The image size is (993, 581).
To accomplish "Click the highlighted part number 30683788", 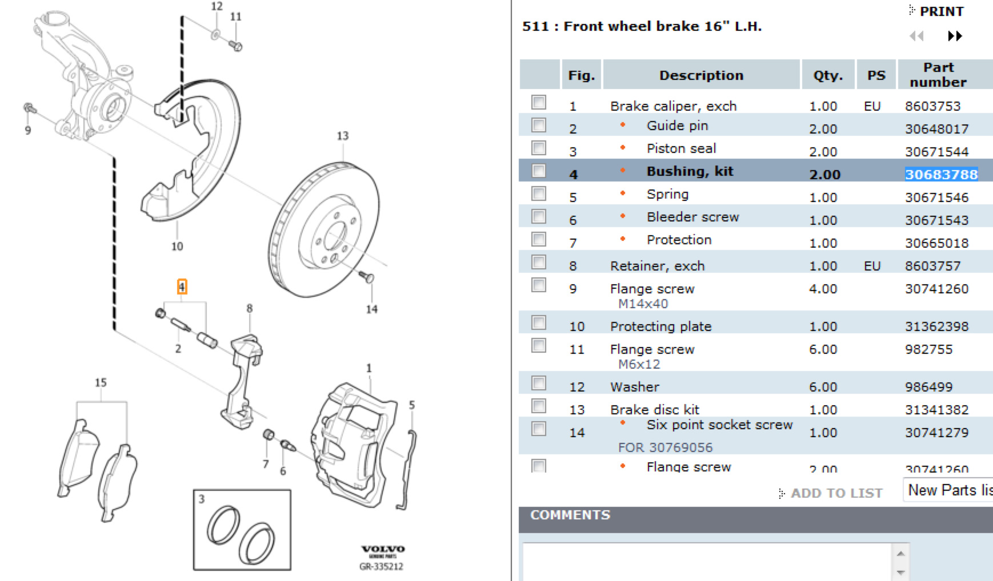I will click(x=941, y=174).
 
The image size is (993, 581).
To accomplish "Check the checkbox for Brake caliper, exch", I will click(x=538, y=103).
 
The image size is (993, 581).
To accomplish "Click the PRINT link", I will click(x=941, y=11).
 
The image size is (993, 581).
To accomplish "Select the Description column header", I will click(x=701, y=75).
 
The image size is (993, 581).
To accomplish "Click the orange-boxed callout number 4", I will click(x=182, y=287).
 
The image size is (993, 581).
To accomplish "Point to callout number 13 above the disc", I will click(x=342, y=136).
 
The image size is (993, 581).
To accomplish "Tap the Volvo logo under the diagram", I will click(x=383, y=550).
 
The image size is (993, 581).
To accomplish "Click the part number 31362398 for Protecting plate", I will click(x=936, y=326).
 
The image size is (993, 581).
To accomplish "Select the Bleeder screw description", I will click(x=692, y=217).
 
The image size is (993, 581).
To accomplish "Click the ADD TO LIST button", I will click(x=836, y=493).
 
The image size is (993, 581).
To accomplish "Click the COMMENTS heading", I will click(x=570, y=515).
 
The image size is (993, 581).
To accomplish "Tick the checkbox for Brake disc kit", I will click(x=538, y=406).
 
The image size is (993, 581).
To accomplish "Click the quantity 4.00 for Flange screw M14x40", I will click(x=823, y=289).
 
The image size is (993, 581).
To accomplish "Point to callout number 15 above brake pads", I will click(x=101, y=382).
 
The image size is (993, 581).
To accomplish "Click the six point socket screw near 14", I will click(x=366, y=278).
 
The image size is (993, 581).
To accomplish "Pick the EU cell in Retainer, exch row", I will click(x=872, y=266).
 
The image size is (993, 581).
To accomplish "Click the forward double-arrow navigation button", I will click(x=954, y=36).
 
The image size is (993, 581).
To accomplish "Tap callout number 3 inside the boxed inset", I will click(x=202, y=499).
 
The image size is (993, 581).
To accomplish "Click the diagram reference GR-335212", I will click(x=381, y=566).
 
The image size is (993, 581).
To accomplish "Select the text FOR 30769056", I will click(x=665, y=447).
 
